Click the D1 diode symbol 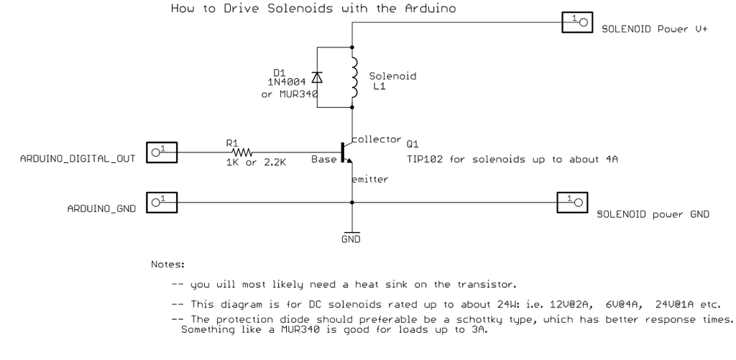pyautogui.click(x=318, y=77)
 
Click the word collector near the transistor pyautogui.click(x=376, y=138)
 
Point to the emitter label pyautogui.click(x=370, y=180)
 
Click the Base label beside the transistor pyautogui.click(x=323, y=158)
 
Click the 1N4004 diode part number pyautogui.click(x=287, y=83)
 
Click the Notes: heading pyautogui.click(x=167, y=264)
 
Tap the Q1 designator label pyautogui.click(x=412, y=143)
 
